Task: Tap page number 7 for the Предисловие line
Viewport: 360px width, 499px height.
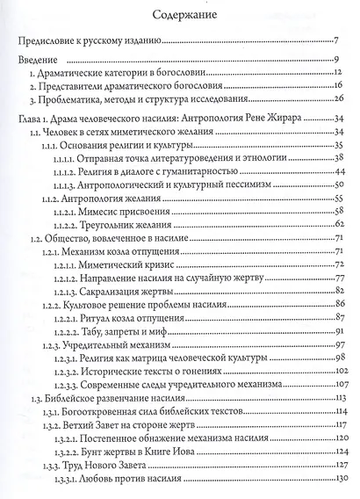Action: click(336, 41)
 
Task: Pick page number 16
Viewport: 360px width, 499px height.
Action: click(335, 88)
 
